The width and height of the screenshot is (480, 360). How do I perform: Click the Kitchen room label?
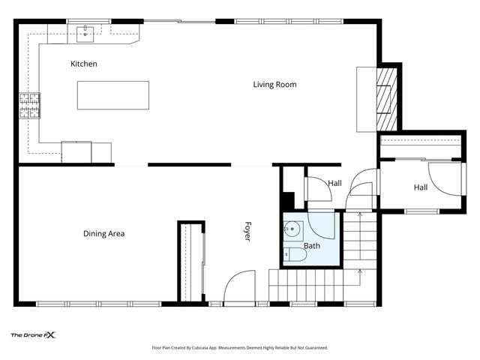83,64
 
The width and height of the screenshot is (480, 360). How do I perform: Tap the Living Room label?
274,85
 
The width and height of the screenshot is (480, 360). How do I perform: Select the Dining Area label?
103,234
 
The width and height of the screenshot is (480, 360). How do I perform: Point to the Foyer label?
247,232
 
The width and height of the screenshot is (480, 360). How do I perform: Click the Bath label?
312,246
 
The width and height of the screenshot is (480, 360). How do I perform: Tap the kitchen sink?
85,34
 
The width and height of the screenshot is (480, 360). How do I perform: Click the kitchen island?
113,95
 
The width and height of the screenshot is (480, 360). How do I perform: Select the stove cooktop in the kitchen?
30,106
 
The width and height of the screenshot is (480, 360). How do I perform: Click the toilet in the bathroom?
295,255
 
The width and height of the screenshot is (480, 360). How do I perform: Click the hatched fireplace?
386,99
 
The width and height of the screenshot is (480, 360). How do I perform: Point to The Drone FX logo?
33,335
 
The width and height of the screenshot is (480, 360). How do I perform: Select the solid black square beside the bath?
288,200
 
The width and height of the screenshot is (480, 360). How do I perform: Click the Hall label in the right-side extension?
421,187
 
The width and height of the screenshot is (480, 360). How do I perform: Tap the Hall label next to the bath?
335,183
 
